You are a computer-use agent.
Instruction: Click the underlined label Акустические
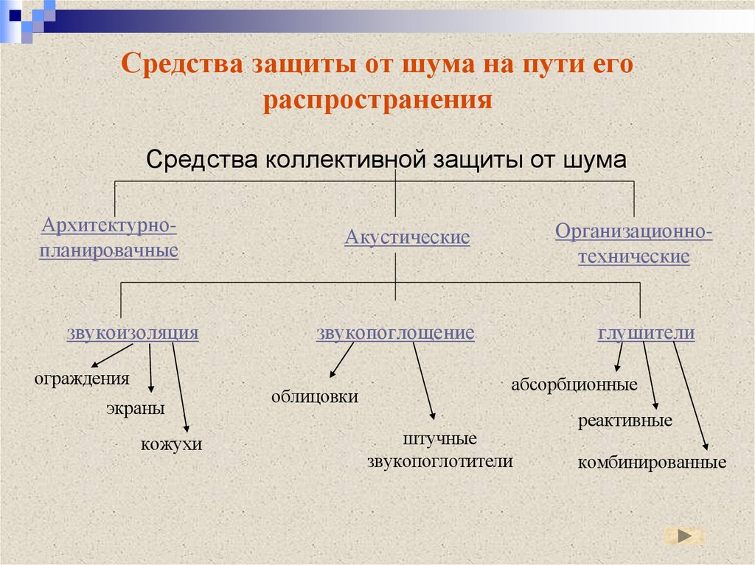pyautogui.click(x=407, y=238)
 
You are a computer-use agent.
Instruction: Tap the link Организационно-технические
pyautogui.click(x=633, y=245)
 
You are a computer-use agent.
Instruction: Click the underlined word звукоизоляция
pyautogui.click(x=133, y=332)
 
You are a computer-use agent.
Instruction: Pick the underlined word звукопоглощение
pyautogui.click(x=395, y=332)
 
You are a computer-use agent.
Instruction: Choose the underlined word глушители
pyautogui.click(x=646, y=332)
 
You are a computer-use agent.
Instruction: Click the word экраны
pyautogui.click(x=135, y=409)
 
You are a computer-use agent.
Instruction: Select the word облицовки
pyautogui.click(x=314, y=397)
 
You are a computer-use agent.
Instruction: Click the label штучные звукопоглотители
pyautogui.click(x=439, y=450)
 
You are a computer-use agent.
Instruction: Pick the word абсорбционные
pyautogui.click(x=574, y=384)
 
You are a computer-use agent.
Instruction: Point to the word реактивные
pyautogui.click(x=624, y=421)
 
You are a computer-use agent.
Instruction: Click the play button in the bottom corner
pyautogui.click(x=684, y=536)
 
